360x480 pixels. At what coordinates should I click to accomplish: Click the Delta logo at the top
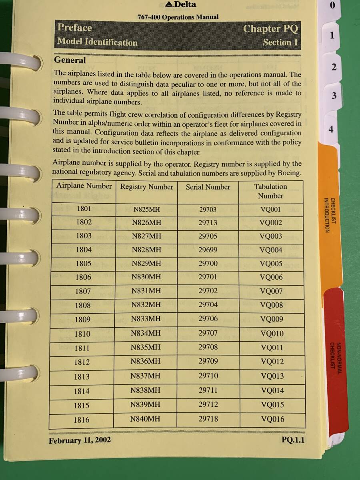point(181,5)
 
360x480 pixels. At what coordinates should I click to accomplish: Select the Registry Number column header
point(146,187)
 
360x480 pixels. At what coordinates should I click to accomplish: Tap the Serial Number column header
point(208,187)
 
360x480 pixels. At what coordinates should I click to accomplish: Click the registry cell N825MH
point(146,209)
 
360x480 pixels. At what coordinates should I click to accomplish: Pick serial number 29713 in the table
point(208,222)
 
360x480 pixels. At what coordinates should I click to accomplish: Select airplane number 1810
point(82,334)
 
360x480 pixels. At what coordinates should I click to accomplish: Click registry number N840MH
point(145,419)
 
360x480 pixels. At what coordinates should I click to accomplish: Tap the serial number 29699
point(208,250)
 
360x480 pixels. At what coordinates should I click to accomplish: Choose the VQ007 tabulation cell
point(271,292)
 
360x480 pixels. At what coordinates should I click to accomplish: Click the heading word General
point(70,60)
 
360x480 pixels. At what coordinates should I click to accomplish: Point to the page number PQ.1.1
point(293,440)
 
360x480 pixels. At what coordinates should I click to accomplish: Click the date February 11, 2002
point(80,440)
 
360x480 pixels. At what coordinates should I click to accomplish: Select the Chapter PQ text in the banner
point(270,29)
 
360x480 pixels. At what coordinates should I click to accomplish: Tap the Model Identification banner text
point(97,42)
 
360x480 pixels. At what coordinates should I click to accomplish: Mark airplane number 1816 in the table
point(82,420)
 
